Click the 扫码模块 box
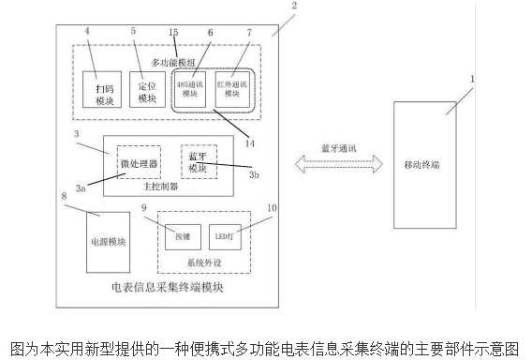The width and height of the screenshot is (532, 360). [103, 89]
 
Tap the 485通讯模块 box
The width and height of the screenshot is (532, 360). [191, 86]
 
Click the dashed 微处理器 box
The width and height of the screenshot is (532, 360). [139, 163]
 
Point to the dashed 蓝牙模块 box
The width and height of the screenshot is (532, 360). [198, 161]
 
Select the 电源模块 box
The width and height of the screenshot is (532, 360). [107, 242]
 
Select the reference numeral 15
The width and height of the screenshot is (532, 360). [173, 33]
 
